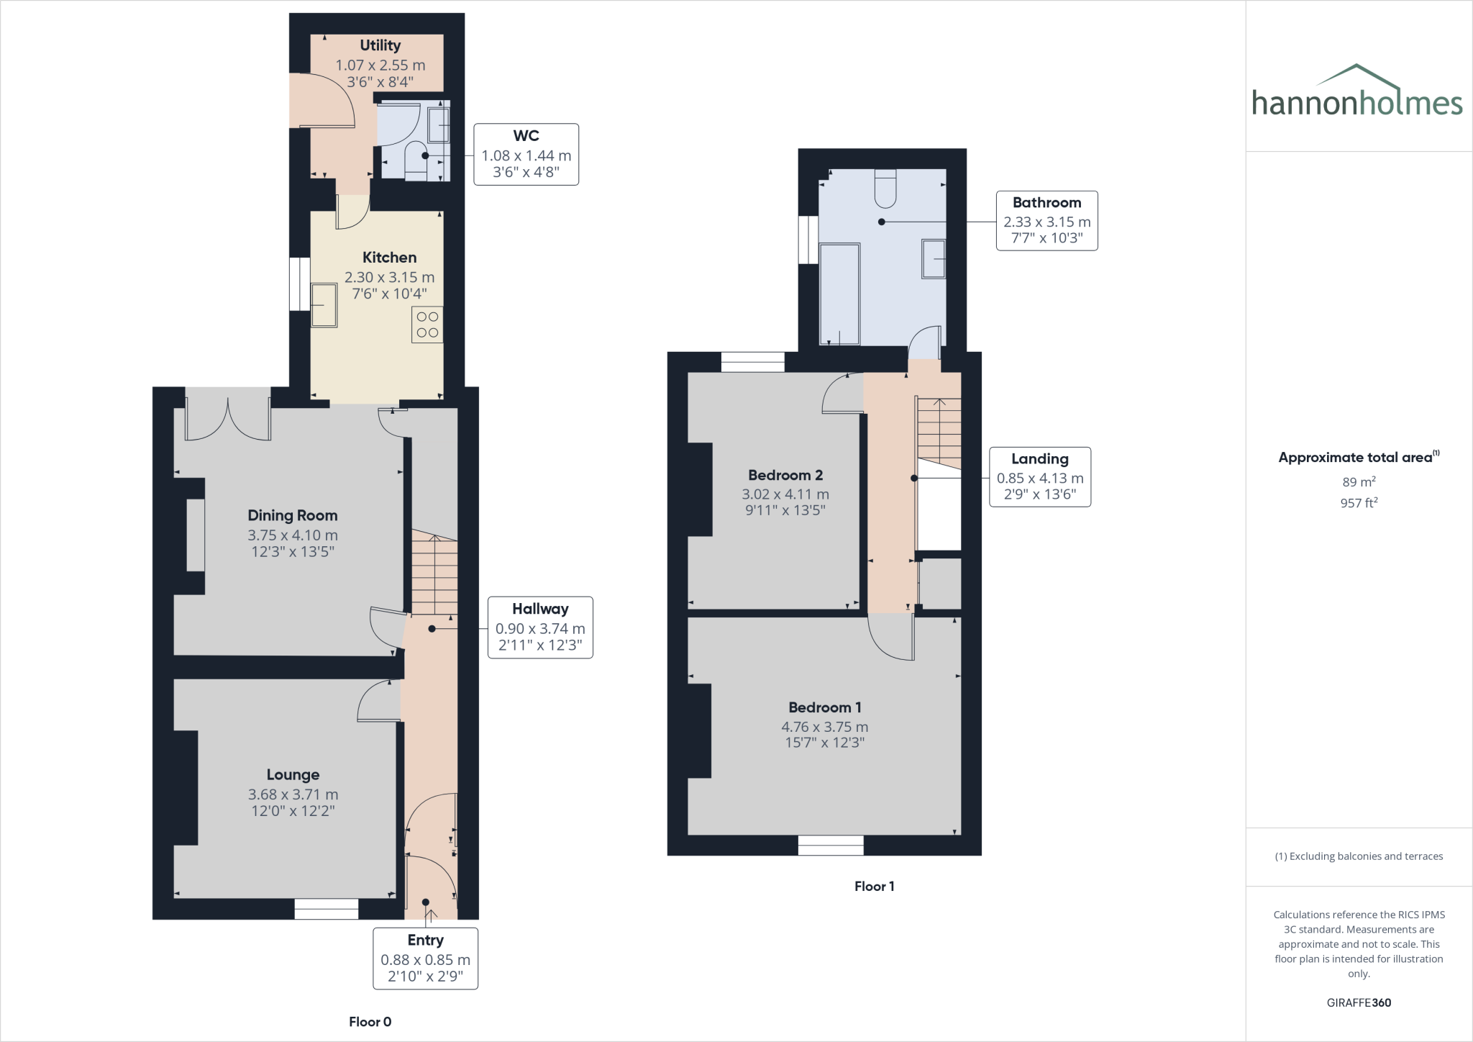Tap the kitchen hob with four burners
tap(427, 325)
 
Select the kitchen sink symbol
tap(324, 305)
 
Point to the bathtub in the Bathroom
tap(839, 294)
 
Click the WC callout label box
tap(526, 154)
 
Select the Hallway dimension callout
tap(540, 628)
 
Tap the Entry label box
tap(425, 958)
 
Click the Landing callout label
tap(1039, 477)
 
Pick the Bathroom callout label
tap(1046, 220)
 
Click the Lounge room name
tap(293, 774)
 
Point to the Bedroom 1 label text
tap(824, 707)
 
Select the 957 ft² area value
tap(1358, 503)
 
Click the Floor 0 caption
tap(370, 1022)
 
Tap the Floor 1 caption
tap(874, 887)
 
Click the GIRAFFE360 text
tap(1358, 1002)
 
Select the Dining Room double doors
tap(228, 417)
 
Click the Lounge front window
tap(326, 909)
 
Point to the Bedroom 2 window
tap(752, 362)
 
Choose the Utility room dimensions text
tap(380, 73)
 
